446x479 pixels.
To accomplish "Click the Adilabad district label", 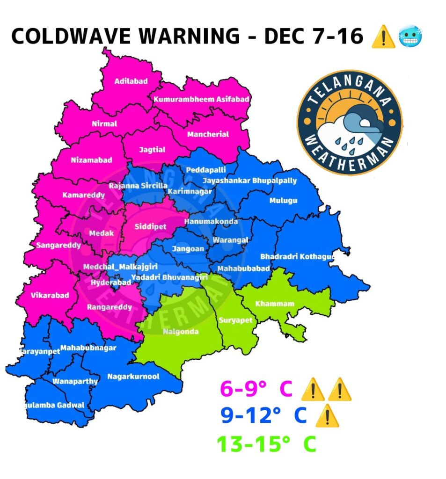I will pyautogui.click(x=131, y=81).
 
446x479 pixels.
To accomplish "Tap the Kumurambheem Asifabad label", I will pyautogui.click(x=201, y=99).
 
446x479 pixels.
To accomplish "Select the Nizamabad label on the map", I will pyautogui.click(x=92, y=160).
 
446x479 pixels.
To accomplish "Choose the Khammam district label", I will pyautogui.click(x=275, y=304).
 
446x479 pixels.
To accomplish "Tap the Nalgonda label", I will pyautogui.click(x=181, y=332).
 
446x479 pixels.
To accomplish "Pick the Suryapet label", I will pyautogui.click(x=235, y=320).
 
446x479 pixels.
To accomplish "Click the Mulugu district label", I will pyautogui.click(x=283, y=201).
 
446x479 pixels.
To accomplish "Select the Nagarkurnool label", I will pyautogui.click(x=133, y=377).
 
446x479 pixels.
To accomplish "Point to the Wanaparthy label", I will pyautogui.click(x=75, y=381).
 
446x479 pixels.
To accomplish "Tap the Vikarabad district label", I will pyautogui.click(x=50, y=295).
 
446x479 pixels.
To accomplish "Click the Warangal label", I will pyautogui.click(x=230, y=240).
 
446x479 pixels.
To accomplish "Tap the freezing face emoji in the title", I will pyautogui.click(x=410, y=36).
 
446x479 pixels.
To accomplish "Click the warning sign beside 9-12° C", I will pyautogui.click(x=327, y=416).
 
